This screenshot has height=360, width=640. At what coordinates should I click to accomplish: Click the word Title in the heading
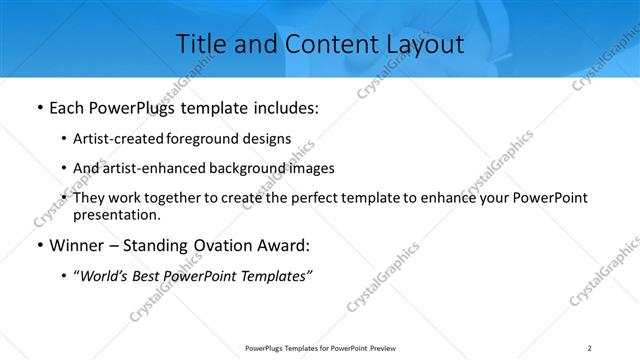tap(201, 44)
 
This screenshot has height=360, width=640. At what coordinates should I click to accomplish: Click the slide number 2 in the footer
tap(589, 348)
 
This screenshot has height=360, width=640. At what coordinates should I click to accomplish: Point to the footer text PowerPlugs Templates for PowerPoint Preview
tap(317, 348)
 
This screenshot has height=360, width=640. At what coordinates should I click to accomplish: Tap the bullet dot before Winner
tap(37, 245)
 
